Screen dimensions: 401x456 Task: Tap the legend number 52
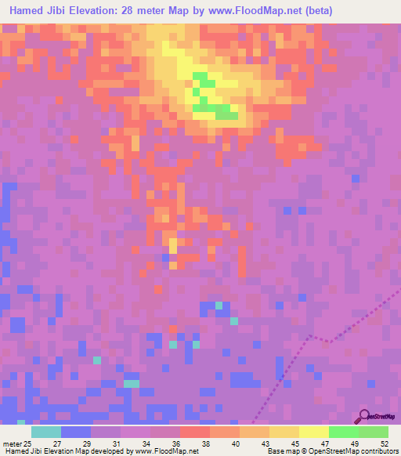[384, 443]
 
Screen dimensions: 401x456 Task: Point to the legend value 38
[206, 443]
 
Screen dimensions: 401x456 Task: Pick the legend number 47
[325, 443]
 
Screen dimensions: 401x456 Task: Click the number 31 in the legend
[117, 443]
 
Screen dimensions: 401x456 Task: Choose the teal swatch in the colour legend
[45, 432]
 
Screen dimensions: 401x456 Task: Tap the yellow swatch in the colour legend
[313, 432]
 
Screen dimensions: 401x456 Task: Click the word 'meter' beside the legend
[12, 443]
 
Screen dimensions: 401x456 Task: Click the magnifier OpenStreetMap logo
[363, 416]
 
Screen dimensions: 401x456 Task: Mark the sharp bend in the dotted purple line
[311, 336]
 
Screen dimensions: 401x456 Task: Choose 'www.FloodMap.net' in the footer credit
[166, 451]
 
